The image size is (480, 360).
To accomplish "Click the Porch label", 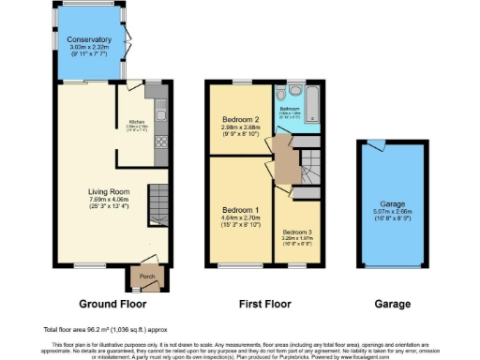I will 146,277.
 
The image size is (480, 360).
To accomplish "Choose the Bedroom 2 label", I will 241,120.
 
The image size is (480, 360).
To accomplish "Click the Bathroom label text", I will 290,109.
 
